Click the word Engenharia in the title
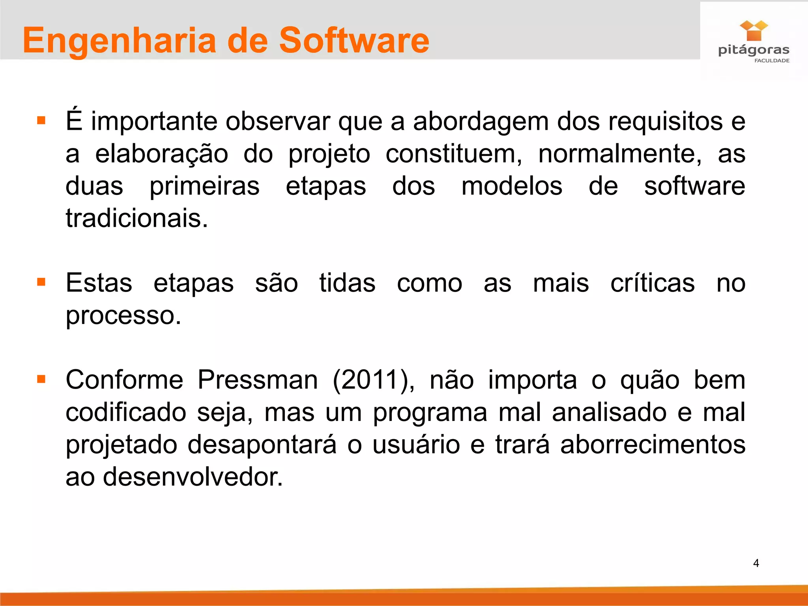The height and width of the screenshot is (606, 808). point(119,41)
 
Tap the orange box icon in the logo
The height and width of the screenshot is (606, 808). point(754,31)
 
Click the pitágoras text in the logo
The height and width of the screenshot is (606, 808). point(754,50)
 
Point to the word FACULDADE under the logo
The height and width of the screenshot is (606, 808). point(772,61)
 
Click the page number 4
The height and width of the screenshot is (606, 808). point(756,563)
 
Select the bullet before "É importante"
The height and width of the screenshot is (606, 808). point(41,120)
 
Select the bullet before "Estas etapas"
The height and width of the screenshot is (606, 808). point(41,282)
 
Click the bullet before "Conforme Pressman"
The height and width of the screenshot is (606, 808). point(41,380)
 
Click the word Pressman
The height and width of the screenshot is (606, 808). point(257,380)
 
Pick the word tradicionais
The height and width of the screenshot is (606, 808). point(137,218)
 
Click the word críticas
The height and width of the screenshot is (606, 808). point(653,283)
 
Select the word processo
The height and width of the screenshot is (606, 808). point(123,316)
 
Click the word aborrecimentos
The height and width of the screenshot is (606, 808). point(653,445)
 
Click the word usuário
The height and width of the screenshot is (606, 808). point(416,445)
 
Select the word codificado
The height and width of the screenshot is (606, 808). point(125,412)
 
